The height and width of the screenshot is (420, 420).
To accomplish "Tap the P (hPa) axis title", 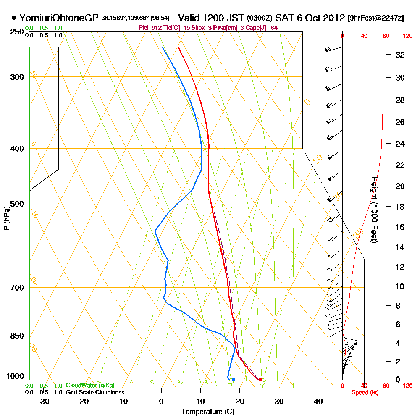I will point(6,218).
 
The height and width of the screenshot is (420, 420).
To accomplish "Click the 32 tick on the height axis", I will point(400,55).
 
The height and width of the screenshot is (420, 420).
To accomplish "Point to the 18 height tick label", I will point(400,207).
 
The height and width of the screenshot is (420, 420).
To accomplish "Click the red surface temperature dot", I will point(260,380).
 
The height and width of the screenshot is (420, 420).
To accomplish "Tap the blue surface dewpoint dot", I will point(234,380).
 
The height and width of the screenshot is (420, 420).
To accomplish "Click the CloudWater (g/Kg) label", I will point(90,386).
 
